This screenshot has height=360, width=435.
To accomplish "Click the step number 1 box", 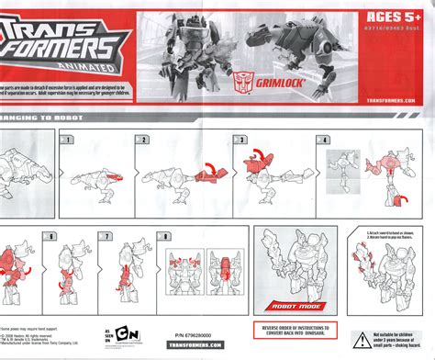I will pyautogui.click(x=65, y=140).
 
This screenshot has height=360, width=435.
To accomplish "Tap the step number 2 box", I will pyautogui.click(x=143, y=140).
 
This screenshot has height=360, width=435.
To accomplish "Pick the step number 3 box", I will pyautogui.click(x=241, y=140).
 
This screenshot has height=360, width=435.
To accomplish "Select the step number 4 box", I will pyautogui.click(x=323, y=140).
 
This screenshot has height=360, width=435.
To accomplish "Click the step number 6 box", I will pyautogui.click(x=52, y=236).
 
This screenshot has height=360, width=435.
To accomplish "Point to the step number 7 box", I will pyautogui.click(x=106, y=236).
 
